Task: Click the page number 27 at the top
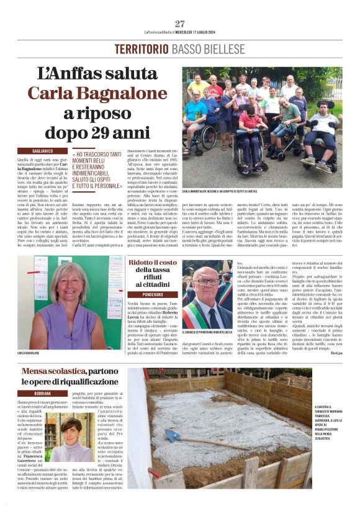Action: point(180,24)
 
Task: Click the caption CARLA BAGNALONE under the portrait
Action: point(31,353)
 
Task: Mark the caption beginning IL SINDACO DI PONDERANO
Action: point(207,332)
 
